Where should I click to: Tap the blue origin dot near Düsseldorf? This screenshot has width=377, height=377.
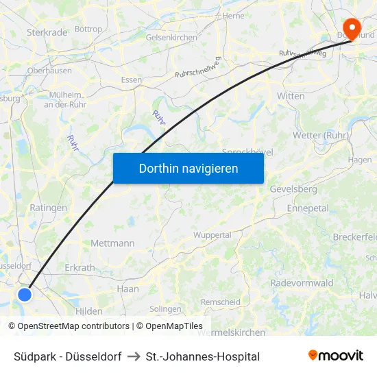(x=25, y=294)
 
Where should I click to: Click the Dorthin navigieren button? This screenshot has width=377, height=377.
(x=188, y=168)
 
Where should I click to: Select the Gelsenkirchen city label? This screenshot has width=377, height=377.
(x=171, y=38)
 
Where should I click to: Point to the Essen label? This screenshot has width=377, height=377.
(x=131, y=80)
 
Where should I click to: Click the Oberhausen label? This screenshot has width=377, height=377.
(x=49, y=71)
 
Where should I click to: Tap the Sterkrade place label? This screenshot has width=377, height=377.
(x=47, y=32)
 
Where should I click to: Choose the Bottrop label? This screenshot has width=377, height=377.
(x=88, y=29)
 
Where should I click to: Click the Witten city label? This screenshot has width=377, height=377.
(x=291, y=96)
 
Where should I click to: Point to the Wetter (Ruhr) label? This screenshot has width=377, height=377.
(x=320, y=135)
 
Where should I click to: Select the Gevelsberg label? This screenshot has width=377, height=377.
(x=293, y=188)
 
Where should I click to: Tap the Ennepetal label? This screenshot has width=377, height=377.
(x=308, y=208)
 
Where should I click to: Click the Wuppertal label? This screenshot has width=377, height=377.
(x=212, y=234)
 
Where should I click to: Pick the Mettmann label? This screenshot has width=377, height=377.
(x=112, y=243)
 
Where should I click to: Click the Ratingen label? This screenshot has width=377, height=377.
(x=49, y=208)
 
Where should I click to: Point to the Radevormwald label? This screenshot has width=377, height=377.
(x=302, y=283)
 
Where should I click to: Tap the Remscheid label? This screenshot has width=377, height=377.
(x=220, y=302)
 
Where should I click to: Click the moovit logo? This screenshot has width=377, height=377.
(x=336, y=355)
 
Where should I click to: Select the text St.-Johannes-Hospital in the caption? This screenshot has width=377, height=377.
(x=203, y=356)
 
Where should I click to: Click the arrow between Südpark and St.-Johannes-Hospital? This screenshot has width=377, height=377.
(x=134, y=356)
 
